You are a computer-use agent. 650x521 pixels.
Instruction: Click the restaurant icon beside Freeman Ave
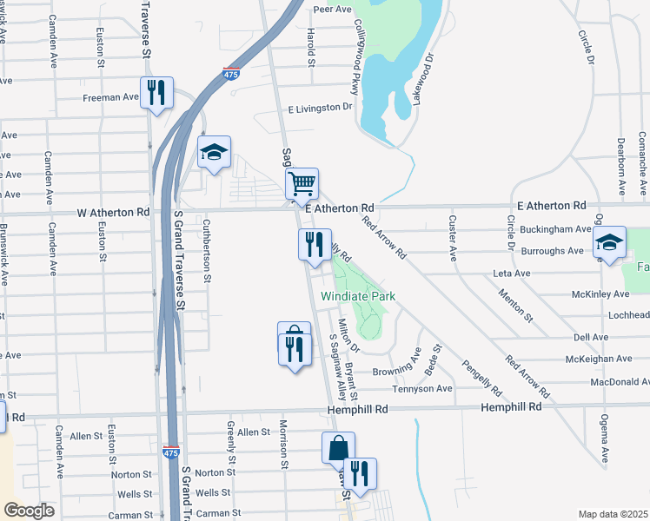156,93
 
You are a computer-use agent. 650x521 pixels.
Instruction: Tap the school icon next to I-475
214,153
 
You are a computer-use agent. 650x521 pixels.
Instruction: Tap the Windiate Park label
358,296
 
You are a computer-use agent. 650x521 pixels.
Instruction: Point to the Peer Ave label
331,10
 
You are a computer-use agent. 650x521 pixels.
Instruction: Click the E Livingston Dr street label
321,109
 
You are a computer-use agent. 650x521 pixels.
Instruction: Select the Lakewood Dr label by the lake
423,79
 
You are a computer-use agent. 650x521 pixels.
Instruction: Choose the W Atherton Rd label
113,212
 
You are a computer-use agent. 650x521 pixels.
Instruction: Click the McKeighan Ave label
599,359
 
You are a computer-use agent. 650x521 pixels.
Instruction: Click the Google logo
30,510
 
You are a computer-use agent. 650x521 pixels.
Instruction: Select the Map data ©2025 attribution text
613,514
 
